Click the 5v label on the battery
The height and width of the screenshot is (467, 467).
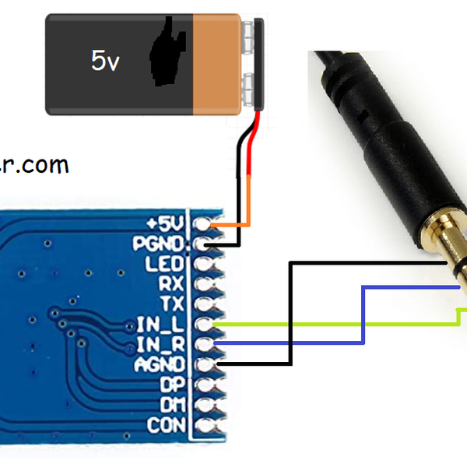coord(105,61)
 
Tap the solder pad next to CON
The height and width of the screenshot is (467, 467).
coord(205,425)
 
